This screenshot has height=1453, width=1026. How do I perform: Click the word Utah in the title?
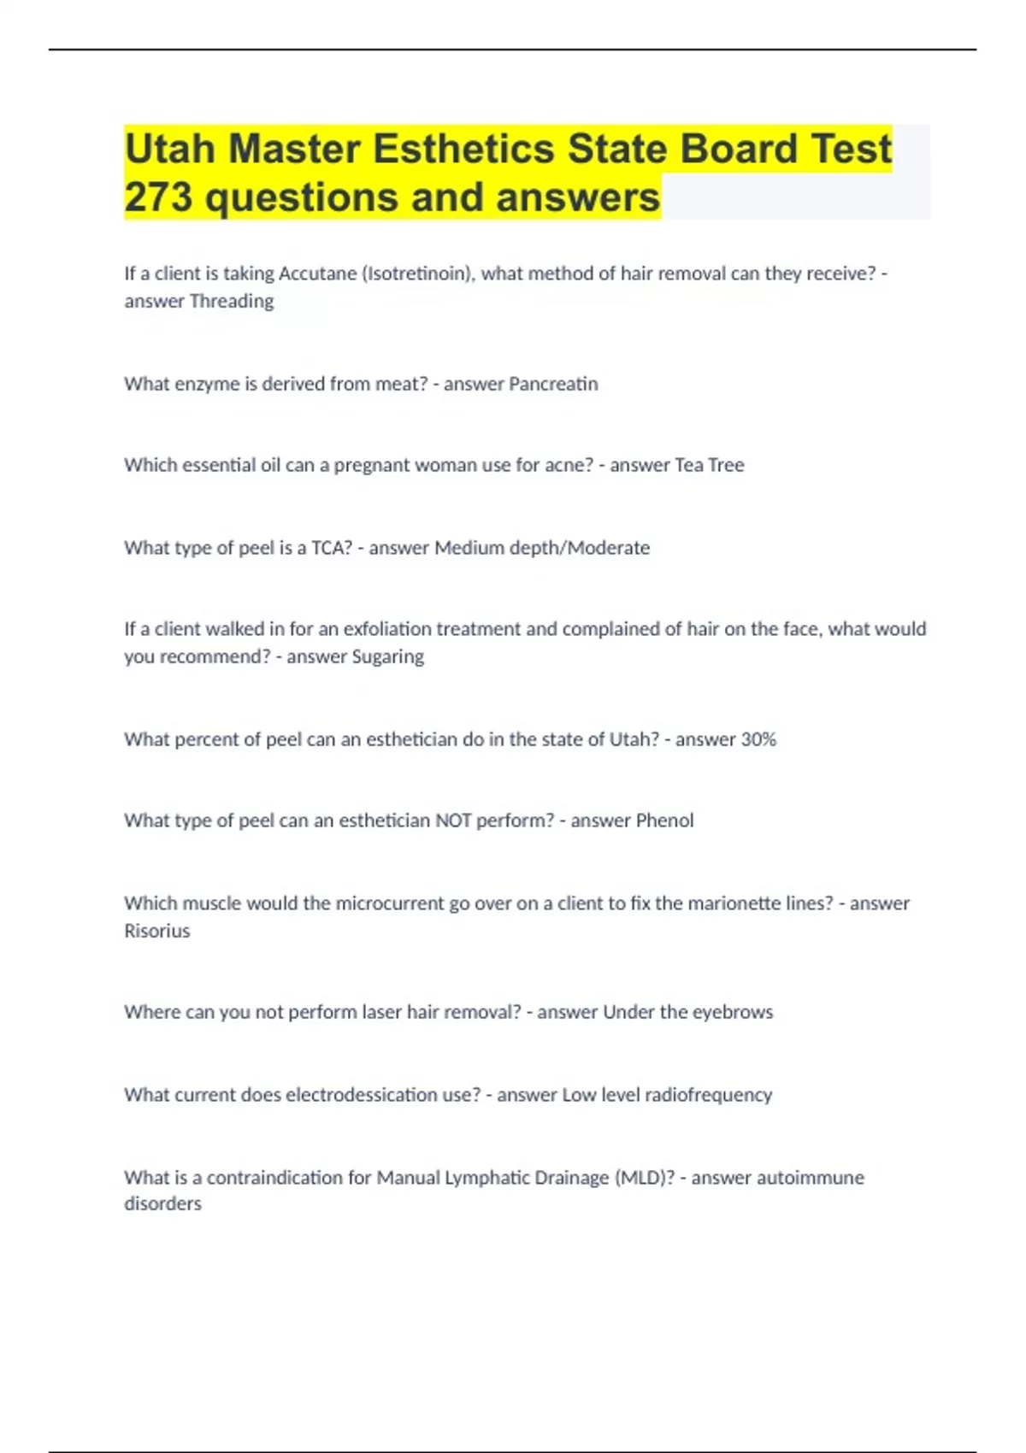click(169, 149)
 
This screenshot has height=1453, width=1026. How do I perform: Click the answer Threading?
click(232, 301)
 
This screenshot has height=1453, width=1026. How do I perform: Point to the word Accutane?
click(317, 274)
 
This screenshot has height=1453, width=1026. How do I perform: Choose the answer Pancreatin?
click(553, 384)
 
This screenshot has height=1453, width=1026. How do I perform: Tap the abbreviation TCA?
click(332, 548)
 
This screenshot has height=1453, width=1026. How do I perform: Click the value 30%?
click(758, 739)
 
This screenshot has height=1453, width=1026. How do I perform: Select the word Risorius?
click(157, 931)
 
